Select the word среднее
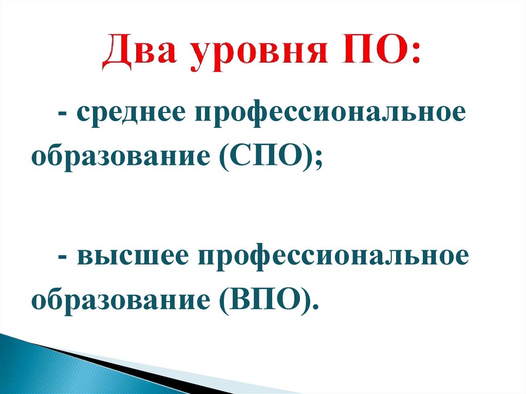click(x=130, y=114)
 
